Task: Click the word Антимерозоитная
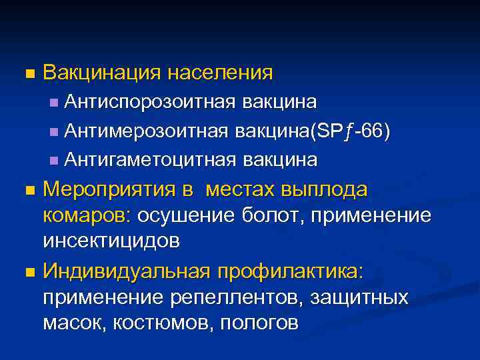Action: pos(149,131)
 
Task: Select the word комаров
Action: pos(87,216)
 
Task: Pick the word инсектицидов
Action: pos(111,241)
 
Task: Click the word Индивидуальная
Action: pos(125,271)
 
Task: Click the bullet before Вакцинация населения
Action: pos(27,73)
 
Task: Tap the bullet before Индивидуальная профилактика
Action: pos(27,272)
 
